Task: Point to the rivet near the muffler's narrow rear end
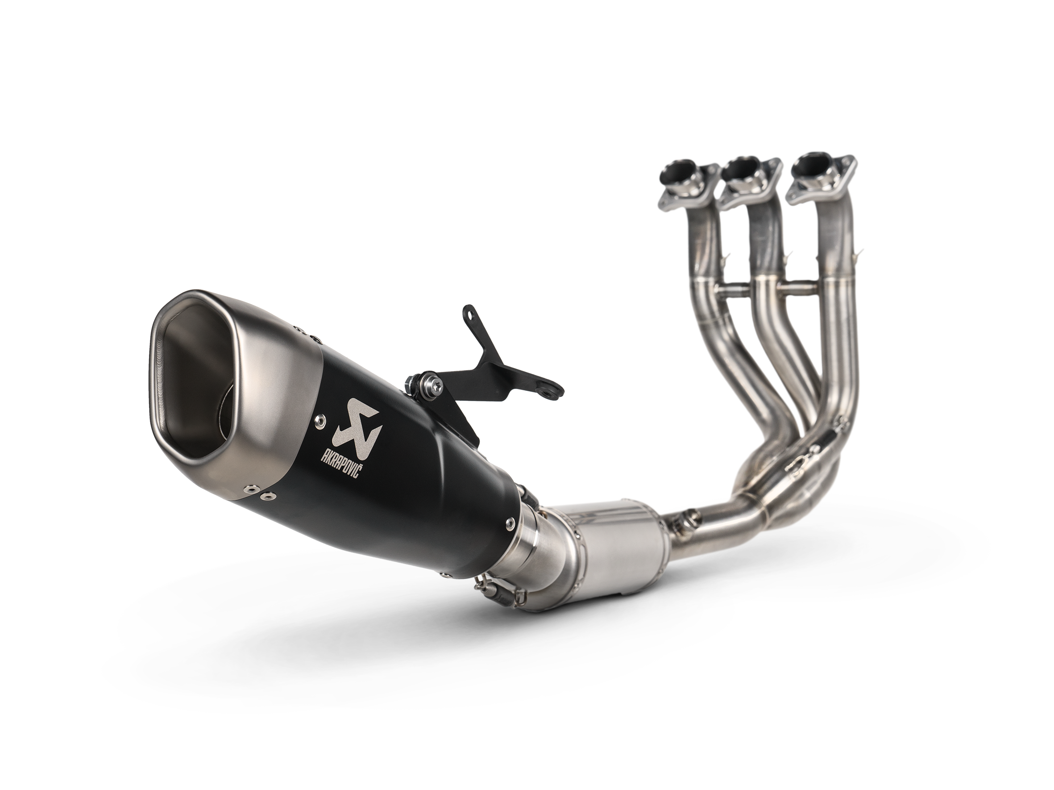pos(510,523)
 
